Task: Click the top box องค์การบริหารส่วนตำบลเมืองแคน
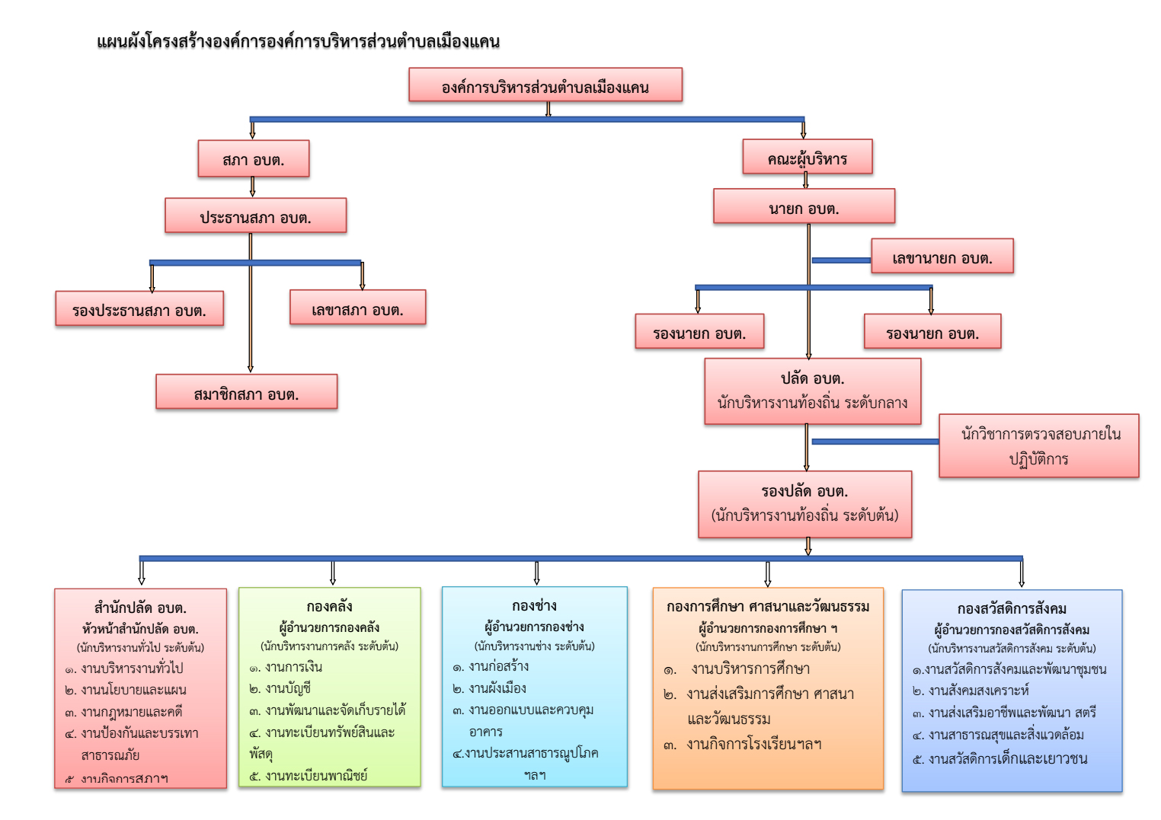point(545,85)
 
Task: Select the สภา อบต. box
point(253,159)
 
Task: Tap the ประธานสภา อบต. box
point(255,216)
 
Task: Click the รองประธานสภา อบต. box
point(139,309)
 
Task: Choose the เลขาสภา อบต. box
point(357,308)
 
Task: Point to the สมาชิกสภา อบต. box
point(246,393)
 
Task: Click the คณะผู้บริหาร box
point(807,158)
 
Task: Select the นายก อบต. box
point(804,207)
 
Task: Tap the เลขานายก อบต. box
point(942,257)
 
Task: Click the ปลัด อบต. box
point(812,391)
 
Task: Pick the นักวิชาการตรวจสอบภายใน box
point(1038,446)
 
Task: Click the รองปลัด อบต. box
point(804,503)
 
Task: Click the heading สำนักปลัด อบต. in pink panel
point(140,608)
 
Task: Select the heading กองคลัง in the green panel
point(329,606)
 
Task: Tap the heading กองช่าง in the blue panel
point(534,605)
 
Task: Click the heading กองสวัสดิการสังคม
point(1012,608)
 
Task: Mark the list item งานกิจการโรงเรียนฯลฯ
point(753,744)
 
